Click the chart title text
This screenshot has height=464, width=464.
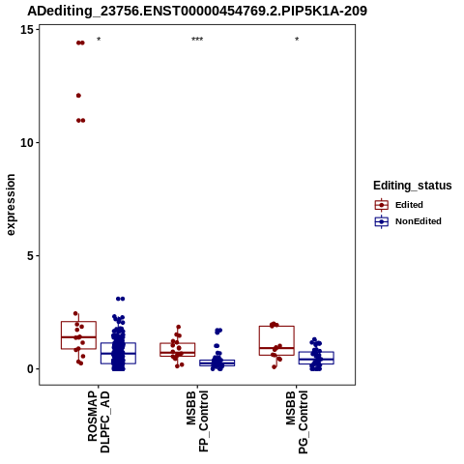tap(197, 11)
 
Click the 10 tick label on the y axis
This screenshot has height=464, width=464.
tap(27, 143)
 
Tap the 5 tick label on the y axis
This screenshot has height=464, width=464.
tap(31, 256)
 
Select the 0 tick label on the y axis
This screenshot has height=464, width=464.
tap(31, 369)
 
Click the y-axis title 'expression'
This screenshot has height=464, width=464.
tap(11, 205)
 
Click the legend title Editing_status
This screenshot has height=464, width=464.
tap(413, 186)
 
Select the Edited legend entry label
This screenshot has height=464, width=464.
tap(409, 205)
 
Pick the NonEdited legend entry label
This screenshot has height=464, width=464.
tap(419, 221)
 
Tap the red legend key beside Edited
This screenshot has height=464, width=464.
tap(382, 205)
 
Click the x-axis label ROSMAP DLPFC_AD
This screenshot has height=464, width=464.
tap(99, 421)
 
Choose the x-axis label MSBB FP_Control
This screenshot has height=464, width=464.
tap(197, 421)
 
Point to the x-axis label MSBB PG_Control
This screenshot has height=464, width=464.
tap(297, 422)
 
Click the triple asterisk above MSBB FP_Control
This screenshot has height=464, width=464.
tap(197, 40)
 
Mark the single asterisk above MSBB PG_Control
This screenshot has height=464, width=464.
tap(297, 40)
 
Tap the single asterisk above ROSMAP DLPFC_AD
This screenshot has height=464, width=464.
tap(99, 40)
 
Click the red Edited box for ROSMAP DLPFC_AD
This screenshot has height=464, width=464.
tap(78, 335)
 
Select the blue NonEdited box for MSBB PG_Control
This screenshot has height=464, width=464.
tap(316, 358)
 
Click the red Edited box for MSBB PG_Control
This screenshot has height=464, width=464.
tap(276, 340)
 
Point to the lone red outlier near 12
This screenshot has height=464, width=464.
tap(78, 96)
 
